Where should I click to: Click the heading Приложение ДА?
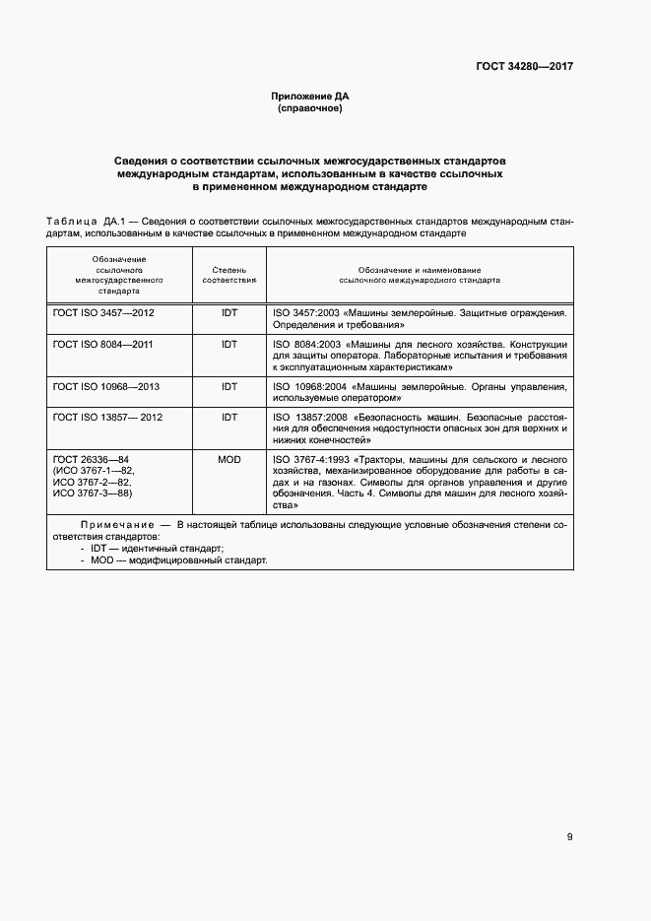click(310, 97)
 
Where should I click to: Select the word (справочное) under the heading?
click(310, 108)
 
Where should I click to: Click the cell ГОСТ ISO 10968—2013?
click(105, 386)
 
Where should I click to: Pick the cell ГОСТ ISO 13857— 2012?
click(107, 418)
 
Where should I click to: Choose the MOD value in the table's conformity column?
click(229, 459)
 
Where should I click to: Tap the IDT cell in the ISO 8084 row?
click(229, 345)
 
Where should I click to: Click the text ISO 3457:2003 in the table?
click(305, 312)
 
